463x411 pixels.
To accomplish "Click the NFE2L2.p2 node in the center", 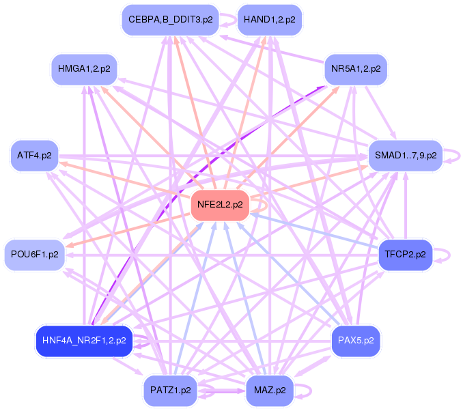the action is (x=220, y=205).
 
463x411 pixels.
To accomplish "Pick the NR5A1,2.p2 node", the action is (x=356, y=69).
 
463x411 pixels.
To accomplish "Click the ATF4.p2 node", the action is (x=34, y=156).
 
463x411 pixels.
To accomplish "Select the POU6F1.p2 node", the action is (x=34, y=254).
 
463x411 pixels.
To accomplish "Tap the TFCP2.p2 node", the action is (x=405, y=254).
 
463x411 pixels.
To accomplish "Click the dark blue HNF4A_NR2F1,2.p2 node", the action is (x=84, y=339).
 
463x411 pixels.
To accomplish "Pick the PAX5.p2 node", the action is (x=356, y=339).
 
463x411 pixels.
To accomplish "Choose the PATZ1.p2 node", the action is (x=170, y=391).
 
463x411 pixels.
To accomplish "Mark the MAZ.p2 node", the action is (x=269, y=391).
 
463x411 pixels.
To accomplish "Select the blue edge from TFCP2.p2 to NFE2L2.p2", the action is (x=314, y=229).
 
